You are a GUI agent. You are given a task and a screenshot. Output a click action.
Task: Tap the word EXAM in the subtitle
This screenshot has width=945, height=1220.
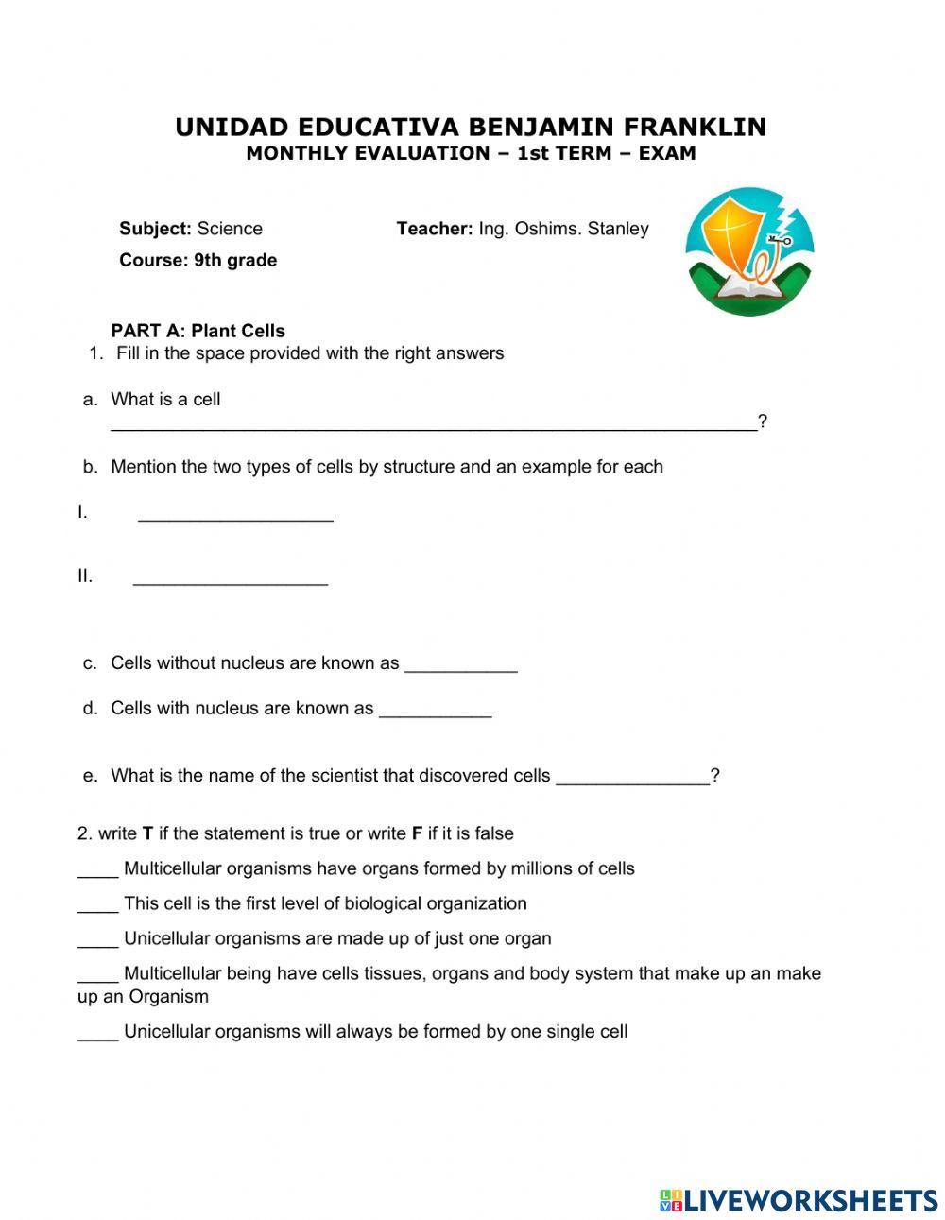667,153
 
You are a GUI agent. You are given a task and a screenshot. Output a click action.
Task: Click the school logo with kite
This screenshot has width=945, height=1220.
749,251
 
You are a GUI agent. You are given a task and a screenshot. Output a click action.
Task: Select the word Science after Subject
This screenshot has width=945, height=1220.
230,229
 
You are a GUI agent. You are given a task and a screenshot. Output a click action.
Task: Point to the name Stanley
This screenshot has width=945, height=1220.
618,229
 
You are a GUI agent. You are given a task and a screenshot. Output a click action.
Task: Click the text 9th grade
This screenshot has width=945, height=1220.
235,260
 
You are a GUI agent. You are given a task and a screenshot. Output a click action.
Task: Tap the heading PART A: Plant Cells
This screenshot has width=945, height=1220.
198,331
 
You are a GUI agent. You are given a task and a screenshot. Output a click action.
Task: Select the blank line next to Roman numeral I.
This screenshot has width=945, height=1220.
235,518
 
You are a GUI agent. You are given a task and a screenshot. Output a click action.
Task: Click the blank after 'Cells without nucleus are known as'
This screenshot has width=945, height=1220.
460,669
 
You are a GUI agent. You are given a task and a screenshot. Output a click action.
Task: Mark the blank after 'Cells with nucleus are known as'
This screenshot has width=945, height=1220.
435,714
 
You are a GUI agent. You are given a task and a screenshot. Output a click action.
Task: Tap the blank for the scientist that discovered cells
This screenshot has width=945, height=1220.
632,782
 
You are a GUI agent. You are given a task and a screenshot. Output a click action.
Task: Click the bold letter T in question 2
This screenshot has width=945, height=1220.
147,833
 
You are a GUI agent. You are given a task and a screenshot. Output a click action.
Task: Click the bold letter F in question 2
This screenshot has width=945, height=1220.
417,833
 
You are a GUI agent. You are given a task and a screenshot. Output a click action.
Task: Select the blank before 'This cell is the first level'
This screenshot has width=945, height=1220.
96,909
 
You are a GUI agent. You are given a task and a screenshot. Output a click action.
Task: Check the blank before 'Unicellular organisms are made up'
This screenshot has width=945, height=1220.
96,944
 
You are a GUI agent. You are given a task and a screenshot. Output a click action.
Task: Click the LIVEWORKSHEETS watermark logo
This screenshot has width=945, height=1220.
799,1200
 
